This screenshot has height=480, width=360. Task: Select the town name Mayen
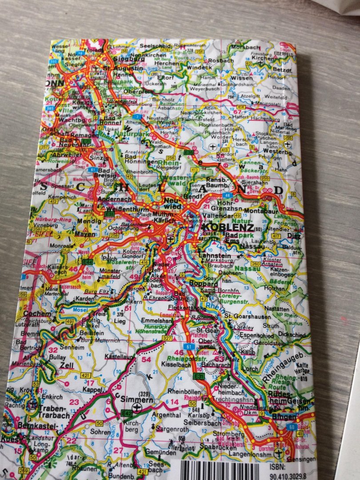[x=85, y=233]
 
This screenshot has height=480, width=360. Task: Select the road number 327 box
[x=167, y=338]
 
